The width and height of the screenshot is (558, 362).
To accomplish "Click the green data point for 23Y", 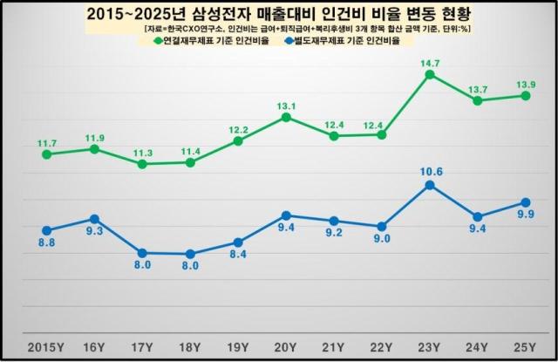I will (x=430, y=74).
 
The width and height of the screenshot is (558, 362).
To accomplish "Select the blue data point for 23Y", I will (x=430, y=185).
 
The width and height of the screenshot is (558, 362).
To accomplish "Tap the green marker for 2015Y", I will (x=46, y=154).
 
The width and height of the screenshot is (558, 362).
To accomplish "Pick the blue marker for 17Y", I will (x=142, y=253).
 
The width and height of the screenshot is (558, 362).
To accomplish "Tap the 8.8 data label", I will (x=46, y=243).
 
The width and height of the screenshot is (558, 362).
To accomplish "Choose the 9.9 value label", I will (x=525, y=215).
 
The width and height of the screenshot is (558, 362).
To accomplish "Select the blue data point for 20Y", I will (x=287, y=215).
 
